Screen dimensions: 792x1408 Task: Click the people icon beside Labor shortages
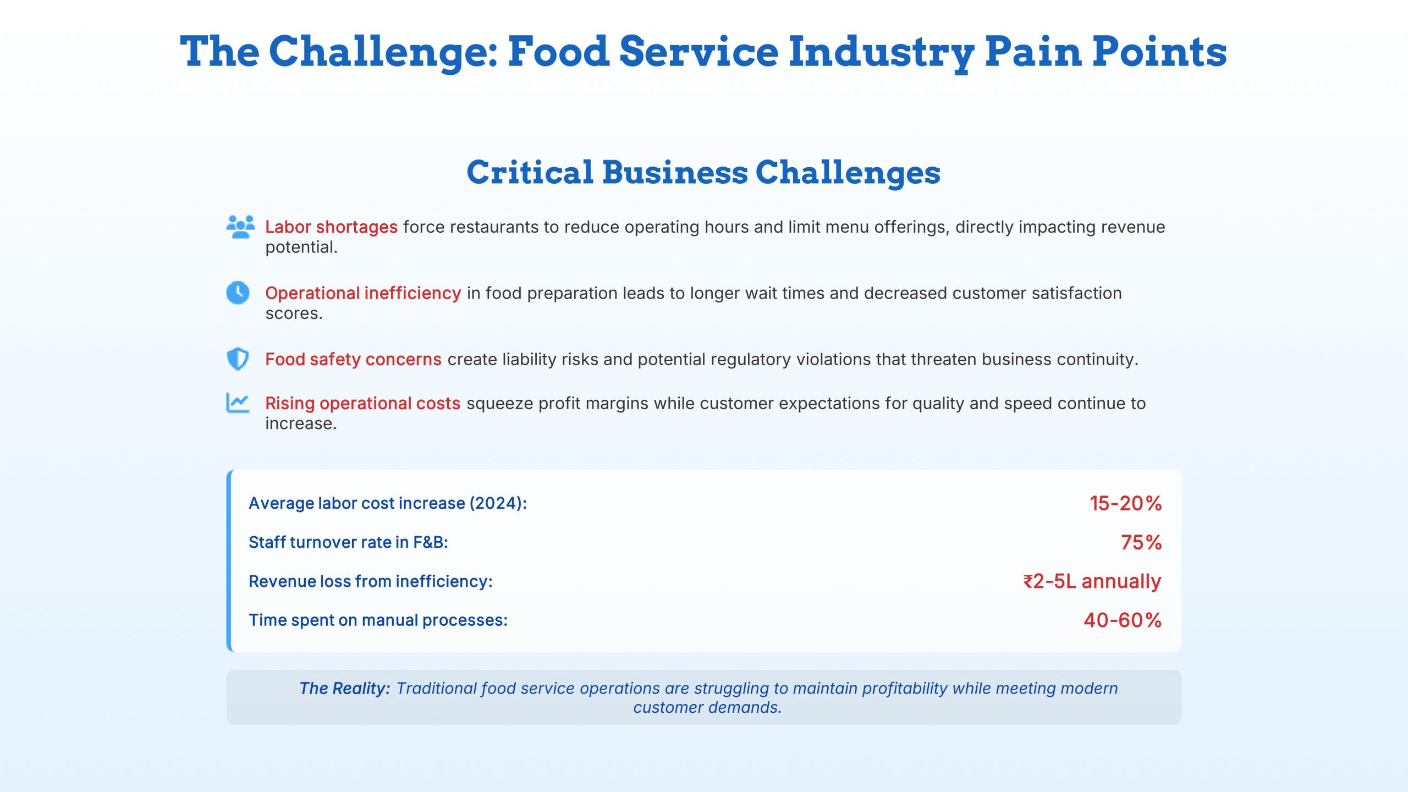click(x=240, y=227)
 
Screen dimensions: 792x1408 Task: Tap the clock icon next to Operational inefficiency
click(x=238, y=293)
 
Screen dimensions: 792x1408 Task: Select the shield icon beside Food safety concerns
click(x=238, y=359)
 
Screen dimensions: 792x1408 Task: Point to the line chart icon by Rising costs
click(x=238, y=403)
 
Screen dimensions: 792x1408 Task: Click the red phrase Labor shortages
click(x=331, y=227)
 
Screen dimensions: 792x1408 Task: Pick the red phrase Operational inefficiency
click(x=363, y=293)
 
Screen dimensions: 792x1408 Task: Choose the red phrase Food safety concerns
click(x=353, y=359)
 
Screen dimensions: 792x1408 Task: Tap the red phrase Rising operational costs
click(x=362, y=403)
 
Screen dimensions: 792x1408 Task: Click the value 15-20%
click(x=1125, y=503)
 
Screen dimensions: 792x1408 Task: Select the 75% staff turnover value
click(x=1141, y=542)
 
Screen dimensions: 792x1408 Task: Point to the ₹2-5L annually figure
click(x=1092, y=581)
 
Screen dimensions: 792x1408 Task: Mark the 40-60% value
click(x=1123, y=620)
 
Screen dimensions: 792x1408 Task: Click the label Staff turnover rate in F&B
click(x=348, y=542)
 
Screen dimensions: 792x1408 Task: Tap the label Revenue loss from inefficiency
click(x=370, y=581)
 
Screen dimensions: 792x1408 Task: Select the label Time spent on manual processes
click(x=378, y=620)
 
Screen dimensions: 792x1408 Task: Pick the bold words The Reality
click(x=344, y=689)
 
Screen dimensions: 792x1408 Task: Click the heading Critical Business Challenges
click(x=703, y=172)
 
